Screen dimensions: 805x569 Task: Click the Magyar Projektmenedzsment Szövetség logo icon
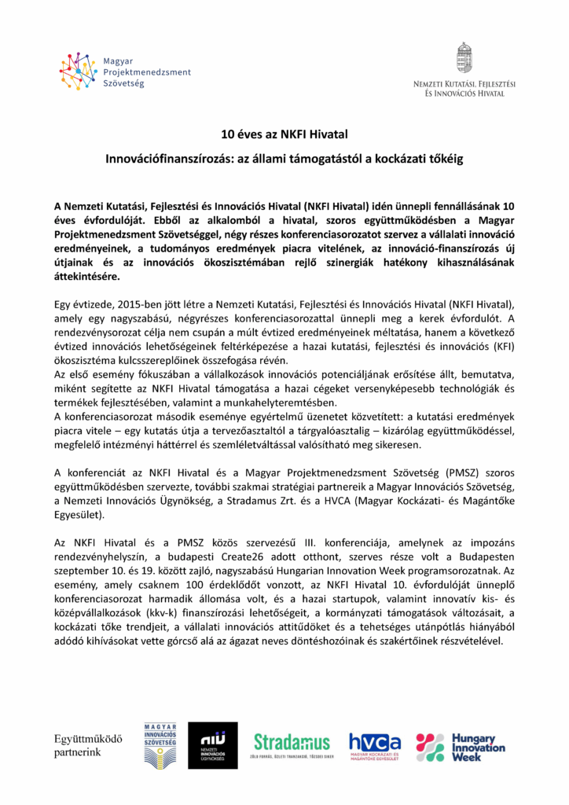[x=77, y=72]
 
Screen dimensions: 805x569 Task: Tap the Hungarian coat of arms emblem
[x=464, y=57]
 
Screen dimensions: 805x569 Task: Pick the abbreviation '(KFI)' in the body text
[x=499, y=345]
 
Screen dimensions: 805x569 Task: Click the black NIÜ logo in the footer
[x=212, y=745]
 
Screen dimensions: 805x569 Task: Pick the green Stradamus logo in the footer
[x=292, y=744]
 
